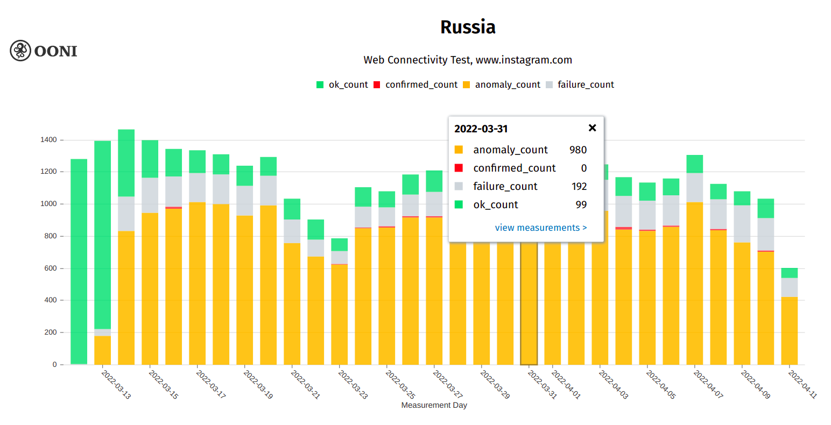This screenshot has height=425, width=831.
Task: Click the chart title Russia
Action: (468, 27)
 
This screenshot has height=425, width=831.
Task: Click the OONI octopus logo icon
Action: (20, 51)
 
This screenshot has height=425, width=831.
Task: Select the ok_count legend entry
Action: (342, 84)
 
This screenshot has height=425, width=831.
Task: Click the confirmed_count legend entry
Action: (415, 84)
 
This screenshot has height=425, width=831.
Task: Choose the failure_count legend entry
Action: (580, 84)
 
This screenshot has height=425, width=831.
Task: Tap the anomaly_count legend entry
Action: (502, 84)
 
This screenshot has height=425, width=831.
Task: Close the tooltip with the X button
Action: (592, 128)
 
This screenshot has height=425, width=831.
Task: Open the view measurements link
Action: (540, 228)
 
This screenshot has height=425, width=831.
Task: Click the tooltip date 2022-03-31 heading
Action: (481, 129)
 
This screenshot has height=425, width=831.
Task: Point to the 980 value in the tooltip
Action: (578, 150)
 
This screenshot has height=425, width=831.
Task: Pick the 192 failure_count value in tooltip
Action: (579, 186)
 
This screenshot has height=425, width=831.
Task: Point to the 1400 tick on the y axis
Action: (48, 140)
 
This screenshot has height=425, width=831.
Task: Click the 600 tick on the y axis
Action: (51, 268)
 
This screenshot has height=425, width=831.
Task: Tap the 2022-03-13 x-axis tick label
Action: (116, 384)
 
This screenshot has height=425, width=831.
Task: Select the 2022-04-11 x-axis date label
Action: (802, 384)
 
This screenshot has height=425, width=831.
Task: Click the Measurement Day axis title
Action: (434, 405)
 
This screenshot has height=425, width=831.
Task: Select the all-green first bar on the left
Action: (79, 258)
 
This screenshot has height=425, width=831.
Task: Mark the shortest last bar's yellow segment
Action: (789, 330)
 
